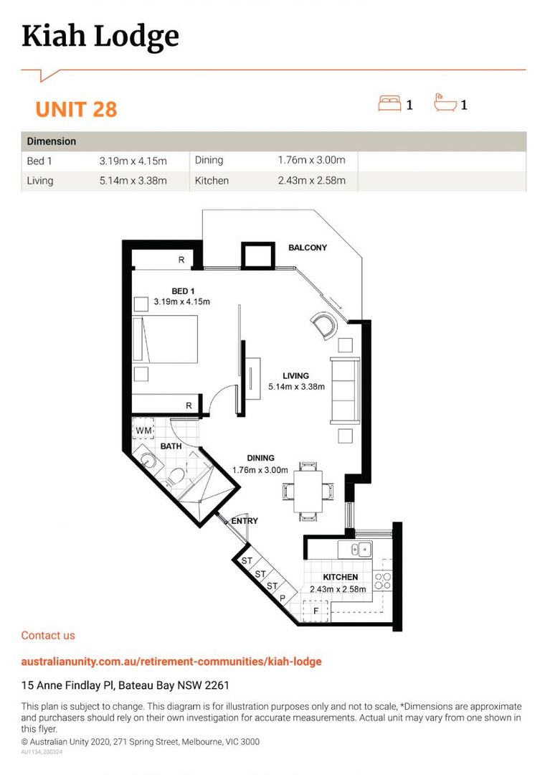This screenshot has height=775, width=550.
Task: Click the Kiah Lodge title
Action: pyautogui.click(x=100, y=36)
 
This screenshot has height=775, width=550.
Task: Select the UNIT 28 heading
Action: pyautogui.click(x=76, y=110)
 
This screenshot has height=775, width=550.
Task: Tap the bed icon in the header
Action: pyautogui.click(x=390, y=104)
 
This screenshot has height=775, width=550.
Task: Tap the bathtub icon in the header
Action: pyautogui.click(x=445, y=104)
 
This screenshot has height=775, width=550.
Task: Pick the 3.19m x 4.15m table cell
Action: pyautogui.click(x=133, y=161)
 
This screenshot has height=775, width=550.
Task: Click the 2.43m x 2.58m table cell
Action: pyautogui.click(x=311, y=181)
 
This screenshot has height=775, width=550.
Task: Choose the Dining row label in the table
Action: pyautogui.click(x=209, y=161)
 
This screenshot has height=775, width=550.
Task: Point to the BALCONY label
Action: pyautogui.click(x=307, y=248)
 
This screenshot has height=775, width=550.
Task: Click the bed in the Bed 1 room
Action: pyautogui.click(x=170, y=340)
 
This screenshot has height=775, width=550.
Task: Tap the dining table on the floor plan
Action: pyautogui.click(x=309, y=490)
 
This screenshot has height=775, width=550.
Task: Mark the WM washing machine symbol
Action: pyautogui.click(x=143, y=431)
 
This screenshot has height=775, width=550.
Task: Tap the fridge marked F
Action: pyautogui.click(x=315, y=611)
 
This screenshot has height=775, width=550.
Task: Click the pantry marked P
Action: pyautogui.click(x=283, y=598)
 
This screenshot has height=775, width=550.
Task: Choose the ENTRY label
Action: pyautogui.click(x=244, y=521)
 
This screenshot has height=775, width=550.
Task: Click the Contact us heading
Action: pyautogui.click(x=48, y=635)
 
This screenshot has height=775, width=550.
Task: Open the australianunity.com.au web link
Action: pyautogui.click(x=171, y=661)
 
